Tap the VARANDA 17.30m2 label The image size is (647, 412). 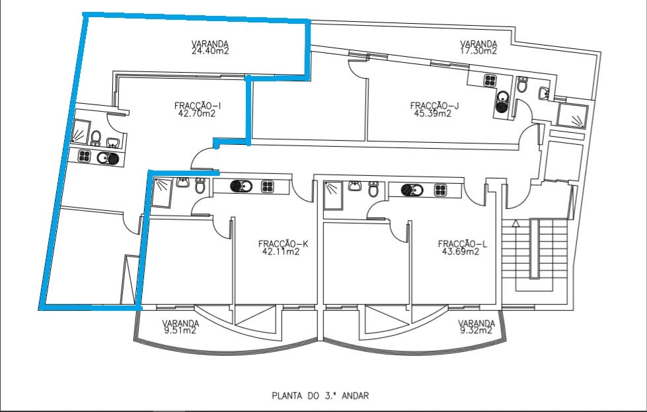[478, 48]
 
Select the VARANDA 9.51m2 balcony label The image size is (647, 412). [180, 327]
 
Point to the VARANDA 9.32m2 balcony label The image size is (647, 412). [476, 327]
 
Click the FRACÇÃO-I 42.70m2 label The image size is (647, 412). [197, 109]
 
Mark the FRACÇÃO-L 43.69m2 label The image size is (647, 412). [463, 247]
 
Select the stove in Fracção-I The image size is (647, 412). [85, 157]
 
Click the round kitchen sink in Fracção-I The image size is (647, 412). [107, 157]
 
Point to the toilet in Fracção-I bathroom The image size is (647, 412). [96, 138]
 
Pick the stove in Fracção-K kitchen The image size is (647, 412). [267, 186]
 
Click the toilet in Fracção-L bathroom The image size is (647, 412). [374, 190]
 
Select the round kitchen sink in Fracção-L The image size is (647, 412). [412, 190]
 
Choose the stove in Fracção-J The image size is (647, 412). [490, 80]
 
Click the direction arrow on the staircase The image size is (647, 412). [517, 225]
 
